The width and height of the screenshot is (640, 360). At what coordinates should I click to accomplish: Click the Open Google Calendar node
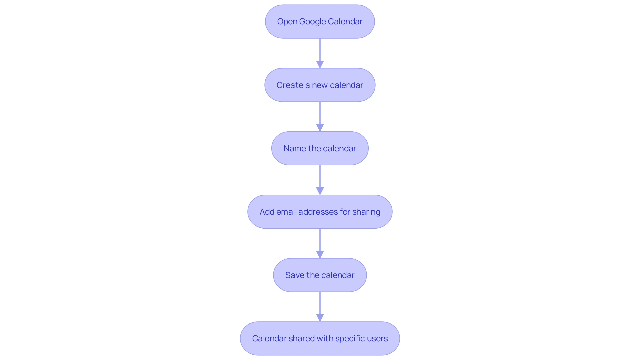tap(320, 22)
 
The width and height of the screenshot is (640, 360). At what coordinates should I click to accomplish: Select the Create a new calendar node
tap(320, 85)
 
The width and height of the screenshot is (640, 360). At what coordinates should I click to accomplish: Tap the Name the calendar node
tap(320, 148)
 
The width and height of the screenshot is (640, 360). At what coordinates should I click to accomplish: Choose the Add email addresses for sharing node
tap(320, 212)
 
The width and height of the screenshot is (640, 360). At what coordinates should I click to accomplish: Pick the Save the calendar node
tap(320, 275)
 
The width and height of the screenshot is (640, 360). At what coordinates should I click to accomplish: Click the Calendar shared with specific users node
tap(320, 338)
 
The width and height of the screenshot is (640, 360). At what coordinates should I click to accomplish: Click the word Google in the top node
tap(312, 22)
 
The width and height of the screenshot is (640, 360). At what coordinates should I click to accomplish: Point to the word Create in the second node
tap(290, 85)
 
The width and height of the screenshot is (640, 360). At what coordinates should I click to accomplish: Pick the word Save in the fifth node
tap(295, 275)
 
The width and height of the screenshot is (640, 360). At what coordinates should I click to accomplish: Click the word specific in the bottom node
tap(349, 339)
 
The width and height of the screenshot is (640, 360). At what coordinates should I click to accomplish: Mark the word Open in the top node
tap(287, 22)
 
